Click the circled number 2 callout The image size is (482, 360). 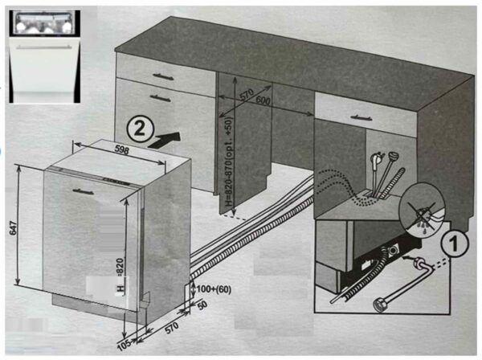pos(140,129)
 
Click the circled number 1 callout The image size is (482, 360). pos(455,243)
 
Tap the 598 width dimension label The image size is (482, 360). pos(122,150)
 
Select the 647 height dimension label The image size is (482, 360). pos(13,227)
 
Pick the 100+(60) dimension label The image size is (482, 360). pos(214,289)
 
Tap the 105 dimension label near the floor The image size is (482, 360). pos(125,344)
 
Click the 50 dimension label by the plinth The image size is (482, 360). pos(202,305)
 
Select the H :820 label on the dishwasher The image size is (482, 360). pos(120,275)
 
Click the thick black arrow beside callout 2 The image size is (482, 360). pos(165,140)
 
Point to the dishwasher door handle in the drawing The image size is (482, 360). pos(84,191)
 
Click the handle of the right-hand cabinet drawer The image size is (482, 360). pos(361,117)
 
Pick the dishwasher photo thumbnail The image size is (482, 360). pos(44,56)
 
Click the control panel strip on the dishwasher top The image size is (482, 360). pos(92,177)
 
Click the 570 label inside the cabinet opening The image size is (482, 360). pos(247,94)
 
